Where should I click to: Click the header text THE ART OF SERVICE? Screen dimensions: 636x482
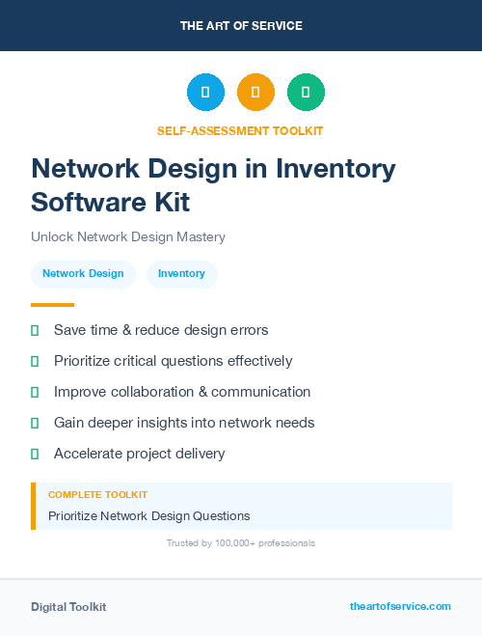click(241, 26)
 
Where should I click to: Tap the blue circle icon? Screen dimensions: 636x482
click(205, 93)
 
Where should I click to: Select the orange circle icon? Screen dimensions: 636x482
click(255, 93)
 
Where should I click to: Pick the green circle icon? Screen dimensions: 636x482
click(306, 93)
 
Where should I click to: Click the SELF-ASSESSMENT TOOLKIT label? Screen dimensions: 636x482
click(241, 130)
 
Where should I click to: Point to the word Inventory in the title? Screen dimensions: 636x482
click(335, 168)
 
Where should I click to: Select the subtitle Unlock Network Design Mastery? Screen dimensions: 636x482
click(128, 236)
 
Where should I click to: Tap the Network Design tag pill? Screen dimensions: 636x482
click(83, 273)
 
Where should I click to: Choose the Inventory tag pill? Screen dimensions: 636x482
click(181, 273)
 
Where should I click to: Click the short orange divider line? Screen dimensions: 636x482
click(52, 305)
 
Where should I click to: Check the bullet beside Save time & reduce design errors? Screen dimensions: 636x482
click(35, 331)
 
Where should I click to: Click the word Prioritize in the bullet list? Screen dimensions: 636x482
click(84, 361)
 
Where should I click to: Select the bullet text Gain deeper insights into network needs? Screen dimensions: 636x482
click(184, 423)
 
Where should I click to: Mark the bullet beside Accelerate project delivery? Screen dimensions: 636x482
click(35, 454)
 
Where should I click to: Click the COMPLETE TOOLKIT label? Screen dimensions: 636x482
click(97, 494)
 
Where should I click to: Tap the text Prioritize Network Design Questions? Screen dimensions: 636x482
click(149, 515)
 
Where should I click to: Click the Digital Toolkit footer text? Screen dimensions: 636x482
click(68, 607)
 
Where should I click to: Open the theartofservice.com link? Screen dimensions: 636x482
click(400, 606)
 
